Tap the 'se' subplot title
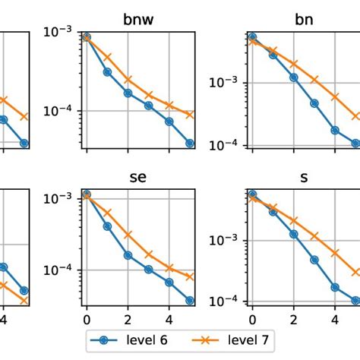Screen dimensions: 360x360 coord(137,179)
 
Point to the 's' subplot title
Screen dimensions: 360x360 coord(304,179)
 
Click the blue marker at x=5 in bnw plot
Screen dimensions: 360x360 coord(190,144)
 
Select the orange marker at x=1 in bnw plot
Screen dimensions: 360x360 coord(107,57)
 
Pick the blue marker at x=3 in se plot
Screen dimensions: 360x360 coord(149,269)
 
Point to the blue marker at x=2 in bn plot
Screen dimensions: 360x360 coord(294,77)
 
